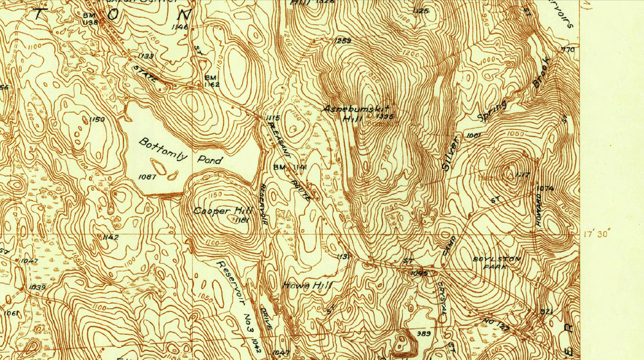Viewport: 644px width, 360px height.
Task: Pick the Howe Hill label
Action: [x=307, y=285]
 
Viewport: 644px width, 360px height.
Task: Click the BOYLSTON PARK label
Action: [x=497, y=263]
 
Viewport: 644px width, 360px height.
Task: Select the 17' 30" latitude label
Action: [x=597, y=234]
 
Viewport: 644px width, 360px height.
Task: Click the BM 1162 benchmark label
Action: [x=212, y=81]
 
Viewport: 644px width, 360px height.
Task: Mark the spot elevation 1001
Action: [x=472, y=135]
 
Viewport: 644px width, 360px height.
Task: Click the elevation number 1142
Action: [x=110, y=237]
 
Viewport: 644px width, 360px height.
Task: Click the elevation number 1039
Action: [x=37, y=287]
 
